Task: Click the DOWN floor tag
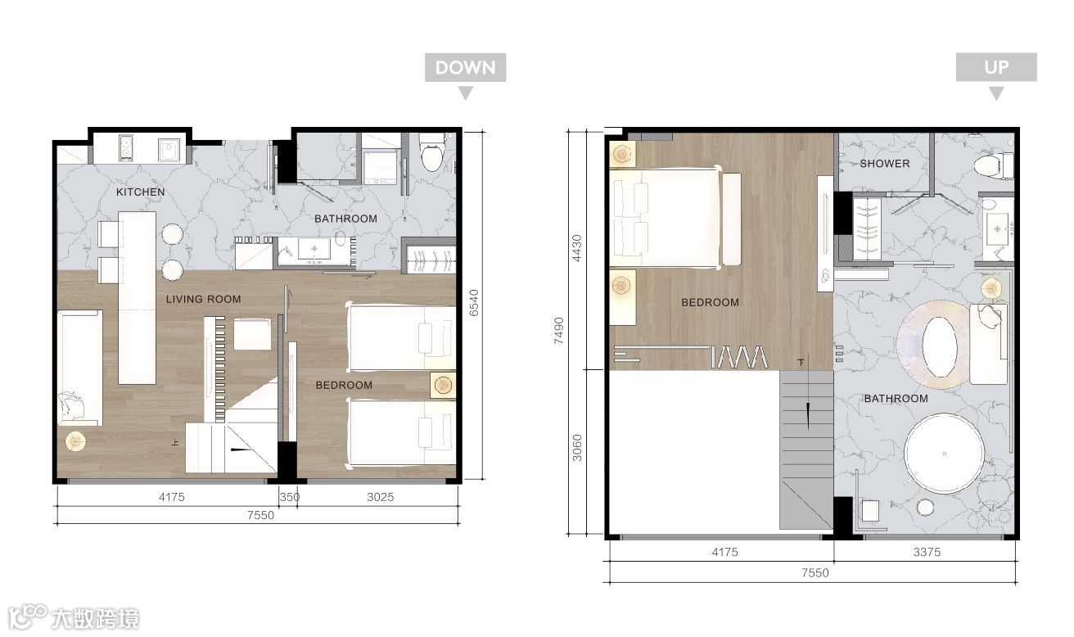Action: [x=465, y=68]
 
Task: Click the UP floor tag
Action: [x=996, y=67]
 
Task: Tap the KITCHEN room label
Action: [x=141, y=192]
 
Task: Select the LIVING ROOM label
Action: [x=203, y=300]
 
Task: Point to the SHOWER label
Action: [x=885, y=164]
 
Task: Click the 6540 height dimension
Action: [x=474, y=303]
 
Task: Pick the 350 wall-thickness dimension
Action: [x=290, y=497]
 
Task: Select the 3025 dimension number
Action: [x=380, y=497]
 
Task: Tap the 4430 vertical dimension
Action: [x=577, y=248]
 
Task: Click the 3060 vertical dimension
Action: [x=577, y=448]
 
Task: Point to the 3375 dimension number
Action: [x=927, y=552]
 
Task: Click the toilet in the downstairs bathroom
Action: [x=431, y=152]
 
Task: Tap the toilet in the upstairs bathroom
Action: [x=994, y=165]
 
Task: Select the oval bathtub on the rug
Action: [x=940, y=347]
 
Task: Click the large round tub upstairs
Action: [x=944, y=454]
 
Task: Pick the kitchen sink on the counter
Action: [x=169, y=150]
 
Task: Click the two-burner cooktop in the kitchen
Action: [x=125, y=148]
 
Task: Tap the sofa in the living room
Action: [x=79, y=368]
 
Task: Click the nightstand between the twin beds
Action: [x=443, y=385]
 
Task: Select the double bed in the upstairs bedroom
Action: [x=666, y=218]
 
